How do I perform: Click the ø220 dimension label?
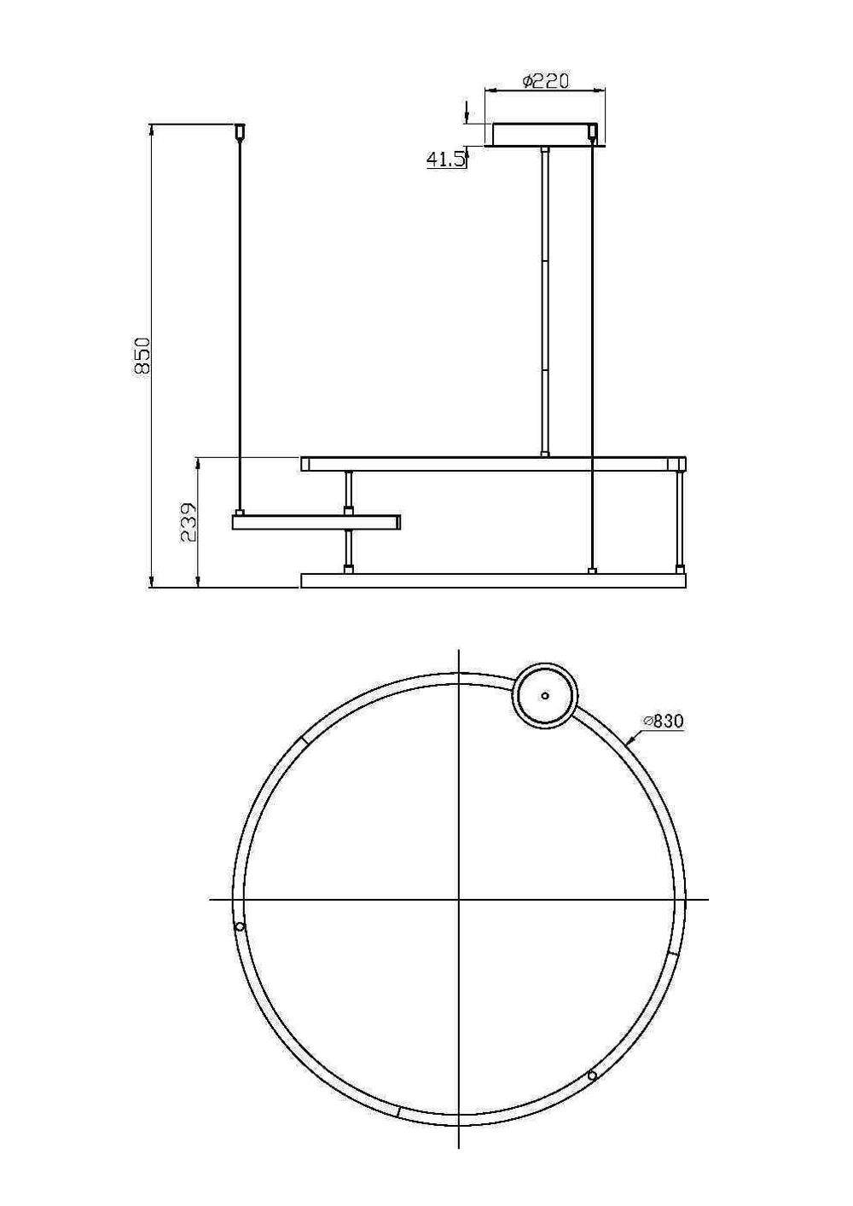[545, 81]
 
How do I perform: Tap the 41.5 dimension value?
[446, 159]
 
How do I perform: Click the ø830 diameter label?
[664, 722]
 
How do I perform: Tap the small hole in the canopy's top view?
[545, 695]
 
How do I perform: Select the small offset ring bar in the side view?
[316, 521]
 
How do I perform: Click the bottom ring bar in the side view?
[493, 581]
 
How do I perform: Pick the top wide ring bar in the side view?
[493, 464]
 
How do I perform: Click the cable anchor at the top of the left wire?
[241, 132]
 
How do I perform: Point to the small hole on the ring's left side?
[241, 927]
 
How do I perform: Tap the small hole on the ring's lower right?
[593, 1076]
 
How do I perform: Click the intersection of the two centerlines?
[459, 899]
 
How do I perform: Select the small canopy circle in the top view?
[545, 695]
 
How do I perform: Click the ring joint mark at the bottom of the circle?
[398, 1112]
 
